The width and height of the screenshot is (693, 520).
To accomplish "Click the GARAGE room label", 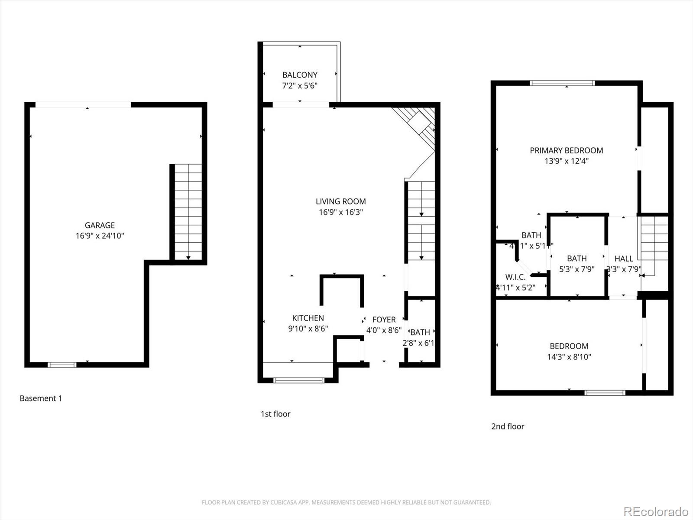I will click(100, 225).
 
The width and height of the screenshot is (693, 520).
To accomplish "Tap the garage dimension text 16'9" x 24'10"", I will click(100, 236).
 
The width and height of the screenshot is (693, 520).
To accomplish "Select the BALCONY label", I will click(300, 75).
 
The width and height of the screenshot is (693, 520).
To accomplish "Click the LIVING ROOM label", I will click(340, 201).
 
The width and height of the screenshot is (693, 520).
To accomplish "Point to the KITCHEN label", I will click(308, 318).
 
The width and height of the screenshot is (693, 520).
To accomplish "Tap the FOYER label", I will click(384, 320).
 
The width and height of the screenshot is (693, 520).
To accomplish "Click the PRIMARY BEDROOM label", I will click(566, 150).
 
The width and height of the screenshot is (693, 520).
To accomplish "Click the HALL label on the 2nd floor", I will click(624, 259).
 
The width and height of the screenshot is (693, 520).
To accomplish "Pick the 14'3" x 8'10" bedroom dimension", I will click(569, 357).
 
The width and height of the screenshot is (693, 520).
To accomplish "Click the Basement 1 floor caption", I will click(41, 398).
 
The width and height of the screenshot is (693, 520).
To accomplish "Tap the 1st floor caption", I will click(275, 414).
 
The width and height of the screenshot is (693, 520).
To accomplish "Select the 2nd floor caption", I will click(508, 426).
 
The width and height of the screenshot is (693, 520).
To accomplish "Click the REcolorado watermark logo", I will click(656, 511).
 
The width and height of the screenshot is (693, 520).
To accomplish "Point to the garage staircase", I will click(188, 212).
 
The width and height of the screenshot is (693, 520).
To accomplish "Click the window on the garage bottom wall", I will click(62, 365).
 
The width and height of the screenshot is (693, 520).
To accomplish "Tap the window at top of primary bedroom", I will click(562, 83).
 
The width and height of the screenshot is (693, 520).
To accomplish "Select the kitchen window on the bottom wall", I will click(299, 380).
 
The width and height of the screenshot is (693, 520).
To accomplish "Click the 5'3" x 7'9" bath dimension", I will click(576, 269).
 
